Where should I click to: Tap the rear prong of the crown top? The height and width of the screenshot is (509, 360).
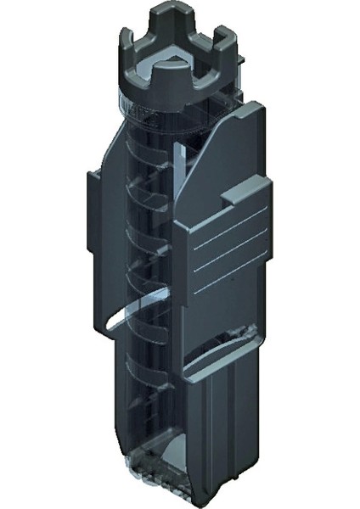(x=172, y=15)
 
